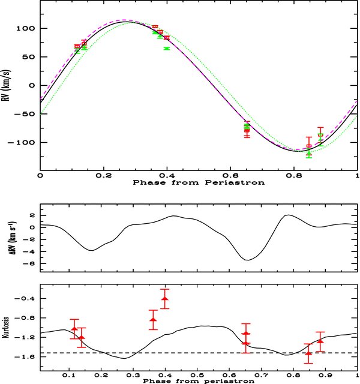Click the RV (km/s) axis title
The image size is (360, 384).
(6, 85)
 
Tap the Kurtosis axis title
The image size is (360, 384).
(6, 328)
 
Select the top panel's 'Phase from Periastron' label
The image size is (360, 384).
(199, 182)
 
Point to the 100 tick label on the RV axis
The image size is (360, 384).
(25, 28)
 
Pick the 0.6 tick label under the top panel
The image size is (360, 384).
(230, 176)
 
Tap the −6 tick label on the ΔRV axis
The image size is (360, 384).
(29, 263)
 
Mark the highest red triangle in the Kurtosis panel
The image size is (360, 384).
(165, 299)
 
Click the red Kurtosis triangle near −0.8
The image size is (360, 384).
(154, 320)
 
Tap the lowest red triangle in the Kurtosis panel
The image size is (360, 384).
(308, 353)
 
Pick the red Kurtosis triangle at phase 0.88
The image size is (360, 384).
(320, 341)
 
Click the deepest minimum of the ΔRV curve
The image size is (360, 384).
(248, 260)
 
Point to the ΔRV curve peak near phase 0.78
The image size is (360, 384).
(289, 215)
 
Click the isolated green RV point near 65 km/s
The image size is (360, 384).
(167, 49)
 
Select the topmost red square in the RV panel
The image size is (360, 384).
(155, 26)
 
